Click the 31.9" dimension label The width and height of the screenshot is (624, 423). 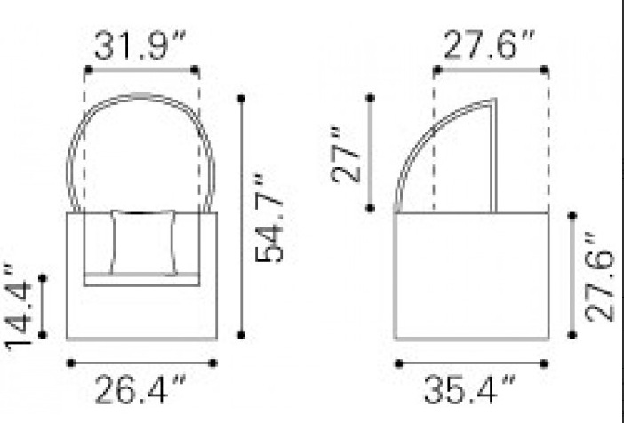pos(140,45)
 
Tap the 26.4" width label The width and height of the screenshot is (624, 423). pos(140,388)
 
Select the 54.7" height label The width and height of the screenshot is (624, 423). pos(268,221)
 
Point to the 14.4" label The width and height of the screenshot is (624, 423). pos(17,307)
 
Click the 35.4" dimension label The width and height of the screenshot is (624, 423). pos(469,388)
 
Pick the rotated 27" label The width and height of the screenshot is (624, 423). pos(345,155)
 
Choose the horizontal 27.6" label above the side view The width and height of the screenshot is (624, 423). pos(489,45)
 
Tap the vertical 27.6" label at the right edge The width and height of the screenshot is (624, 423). pos(600,276)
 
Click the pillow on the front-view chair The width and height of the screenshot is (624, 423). pos(143,242)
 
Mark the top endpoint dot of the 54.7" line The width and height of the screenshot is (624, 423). pos(241,99)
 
